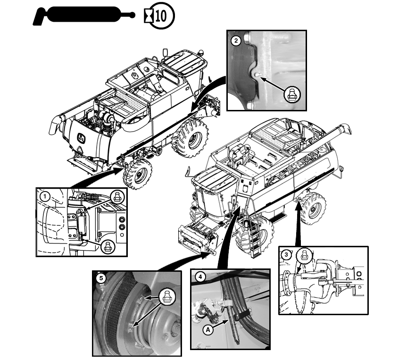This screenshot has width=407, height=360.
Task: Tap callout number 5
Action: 100,278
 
